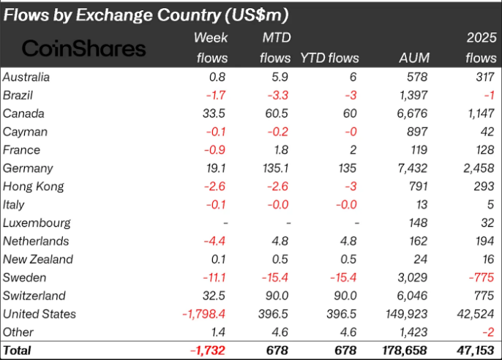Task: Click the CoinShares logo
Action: pos(84,48)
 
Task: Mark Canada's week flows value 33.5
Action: pos(214,113)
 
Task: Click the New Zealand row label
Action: pos(37,259)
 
